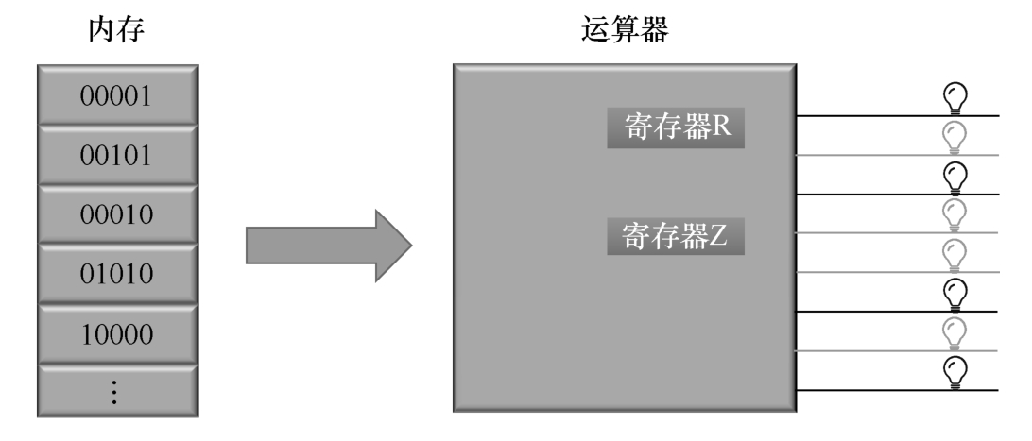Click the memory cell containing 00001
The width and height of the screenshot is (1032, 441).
[x=117, y=97]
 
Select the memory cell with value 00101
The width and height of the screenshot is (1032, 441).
[x=117, y=157]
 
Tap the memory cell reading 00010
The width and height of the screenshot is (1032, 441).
[x=117, y=216]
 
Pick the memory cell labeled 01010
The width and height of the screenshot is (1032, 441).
[x=117, y=276]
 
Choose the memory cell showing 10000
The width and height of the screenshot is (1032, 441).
[x=117, y=335]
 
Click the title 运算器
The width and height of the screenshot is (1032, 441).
[x=624, y=32]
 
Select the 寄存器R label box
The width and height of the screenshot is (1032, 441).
[x=677, y=128]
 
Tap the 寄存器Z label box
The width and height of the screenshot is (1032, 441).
[x=677, y=237]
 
